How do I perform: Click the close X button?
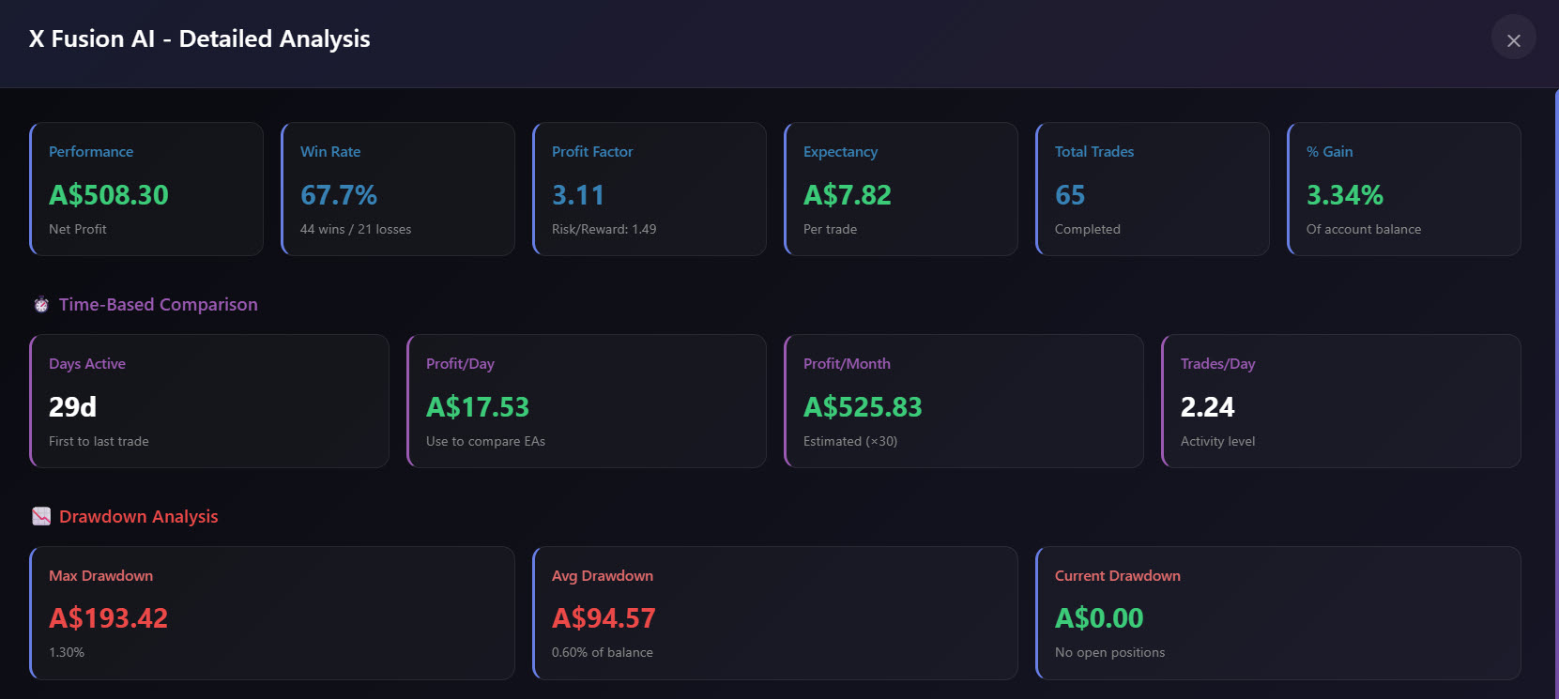(1513, 40)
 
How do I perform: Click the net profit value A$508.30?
(109, 195)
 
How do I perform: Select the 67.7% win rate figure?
(339, 195)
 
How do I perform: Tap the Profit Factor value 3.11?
(577, 195)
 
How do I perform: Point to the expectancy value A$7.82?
(847, 195)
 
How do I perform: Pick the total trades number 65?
(1070, 195)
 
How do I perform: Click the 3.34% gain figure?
(1345, 195)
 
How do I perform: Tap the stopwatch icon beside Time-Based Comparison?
(41, 305)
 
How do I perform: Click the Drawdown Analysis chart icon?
(41, 516)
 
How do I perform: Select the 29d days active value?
(72, 407)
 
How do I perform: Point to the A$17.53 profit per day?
(478, 407)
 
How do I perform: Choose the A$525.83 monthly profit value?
(863, 407)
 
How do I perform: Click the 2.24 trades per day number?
(1208, 407)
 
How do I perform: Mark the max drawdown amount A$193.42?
(108, 617)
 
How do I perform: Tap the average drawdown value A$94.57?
(604, 617)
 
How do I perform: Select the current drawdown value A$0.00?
(1099, 617)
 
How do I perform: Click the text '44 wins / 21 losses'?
(356, 229)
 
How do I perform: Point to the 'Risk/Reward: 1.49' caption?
(604, 229)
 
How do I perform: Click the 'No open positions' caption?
(1109, 652)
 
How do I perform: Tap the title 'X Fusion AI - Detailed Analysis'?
(199, 39)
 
